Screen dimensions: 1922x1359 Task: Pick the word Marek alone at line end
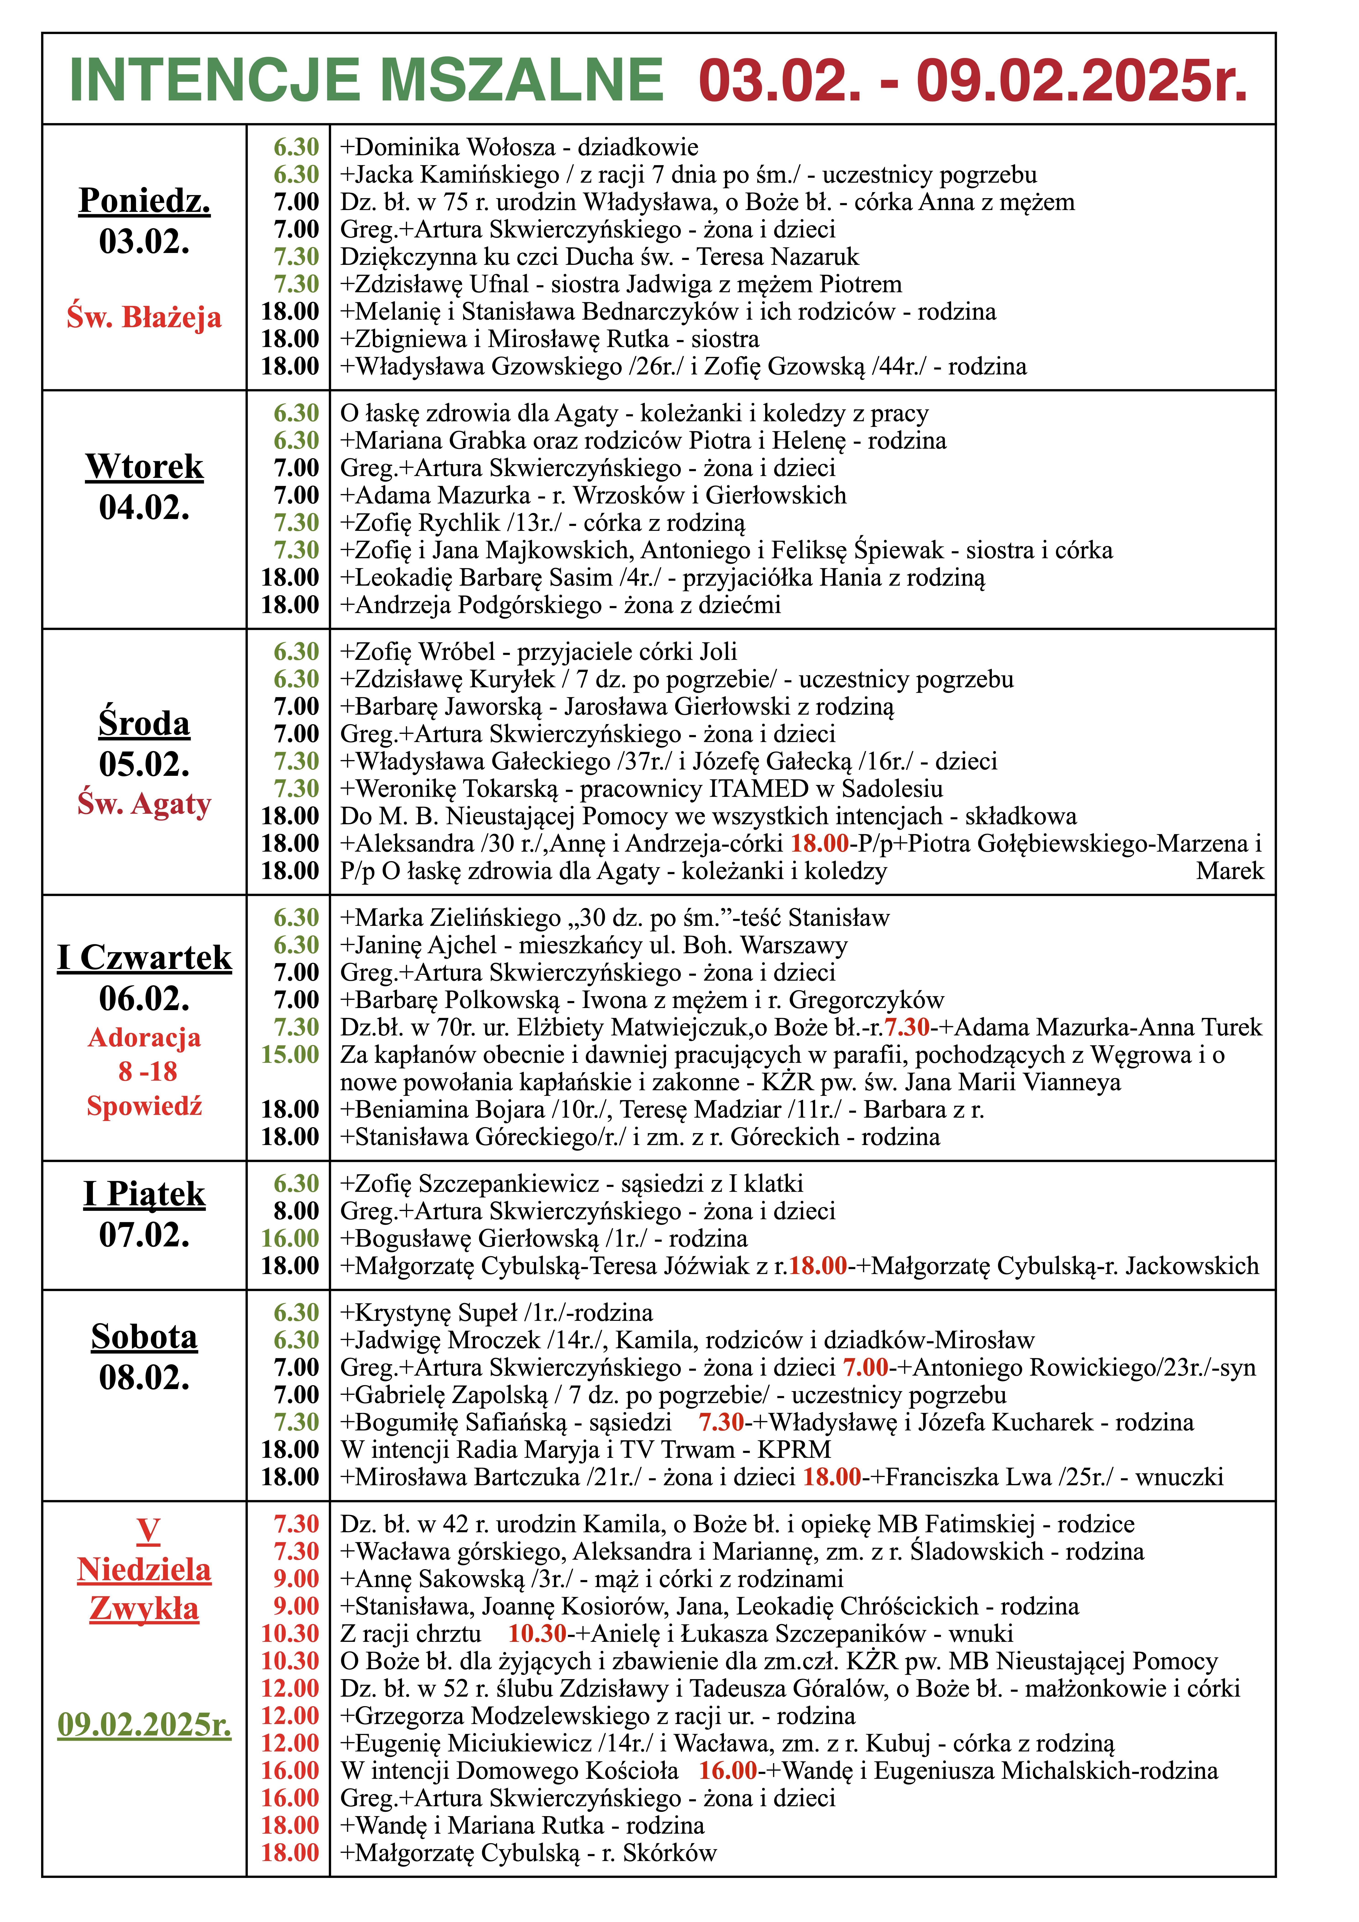(1229, 871)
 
